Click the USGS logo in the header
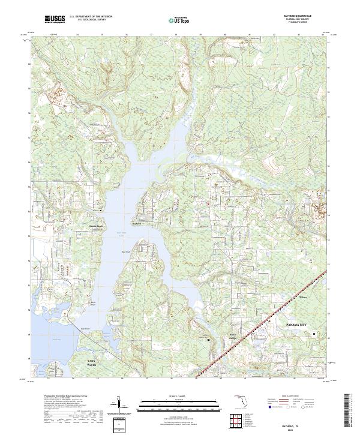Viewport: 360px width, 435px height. (53, 20)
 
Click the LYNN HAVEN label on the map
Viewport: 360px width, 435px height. (88, 362)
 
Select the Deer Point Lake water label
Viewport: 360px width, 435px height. (121, 233)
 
